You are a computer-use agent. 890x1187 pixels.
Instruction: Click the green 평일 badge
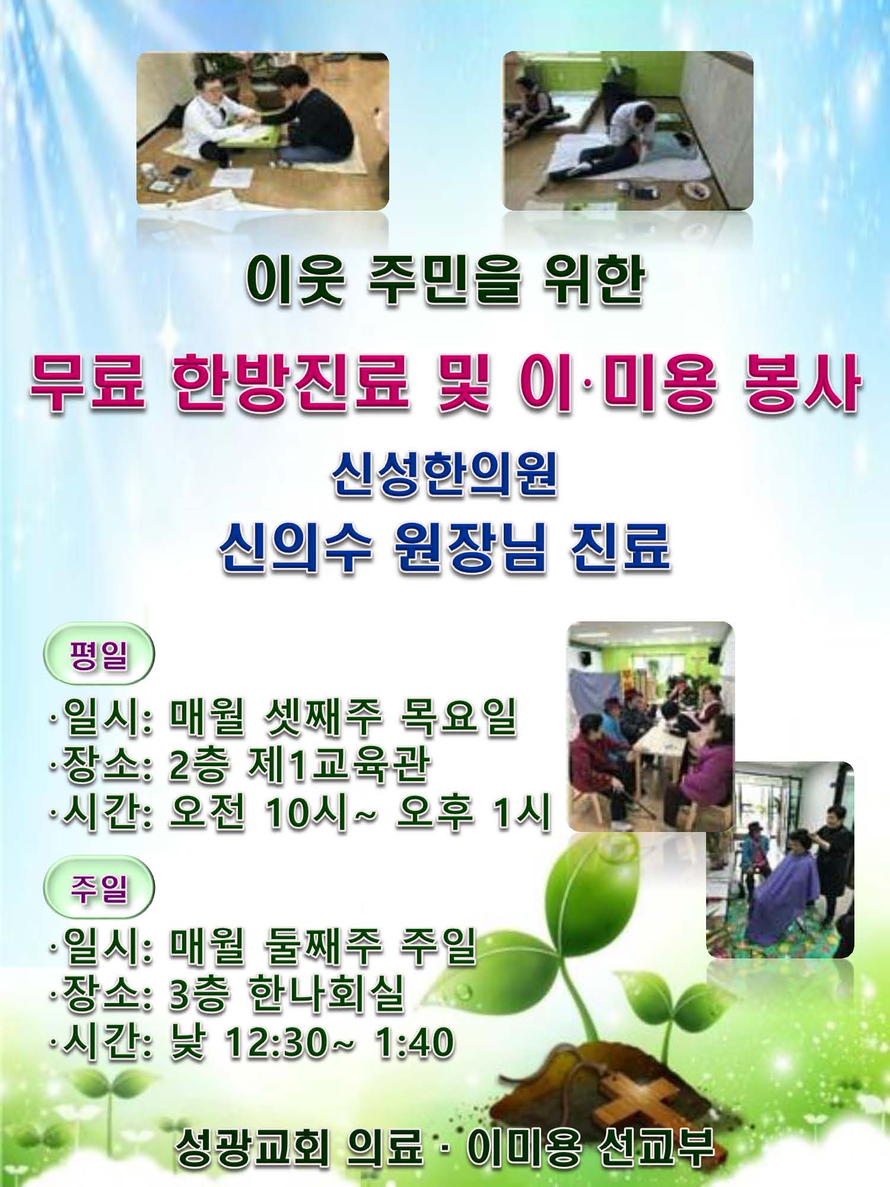click(x=99, y=653)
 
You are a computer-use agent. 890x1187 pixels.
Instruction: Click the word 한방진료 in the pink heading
click(x=291, y=383)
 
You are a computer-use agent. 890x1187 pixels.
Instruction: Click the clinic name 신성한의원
click(x=444, y=475)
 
